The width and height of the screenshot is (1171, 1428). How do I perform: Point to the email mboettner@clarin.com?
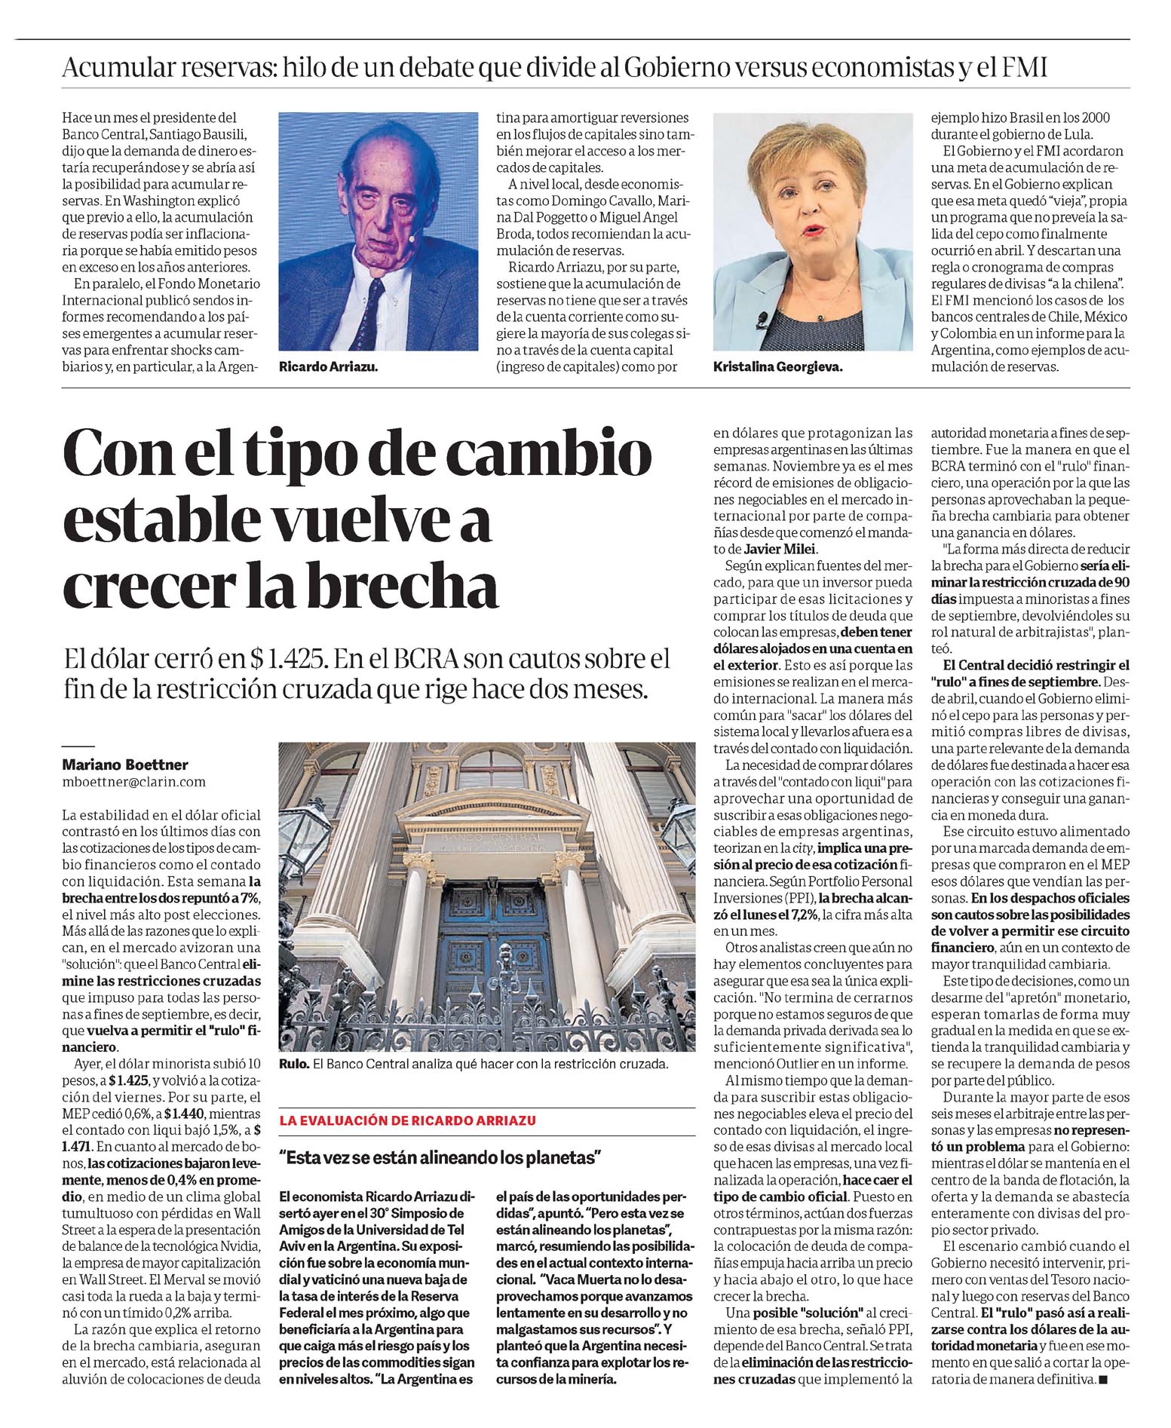coord(134,782)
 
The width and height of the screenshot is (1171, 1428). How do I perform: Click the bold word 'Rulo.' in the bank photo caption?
coord(293,1065)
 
